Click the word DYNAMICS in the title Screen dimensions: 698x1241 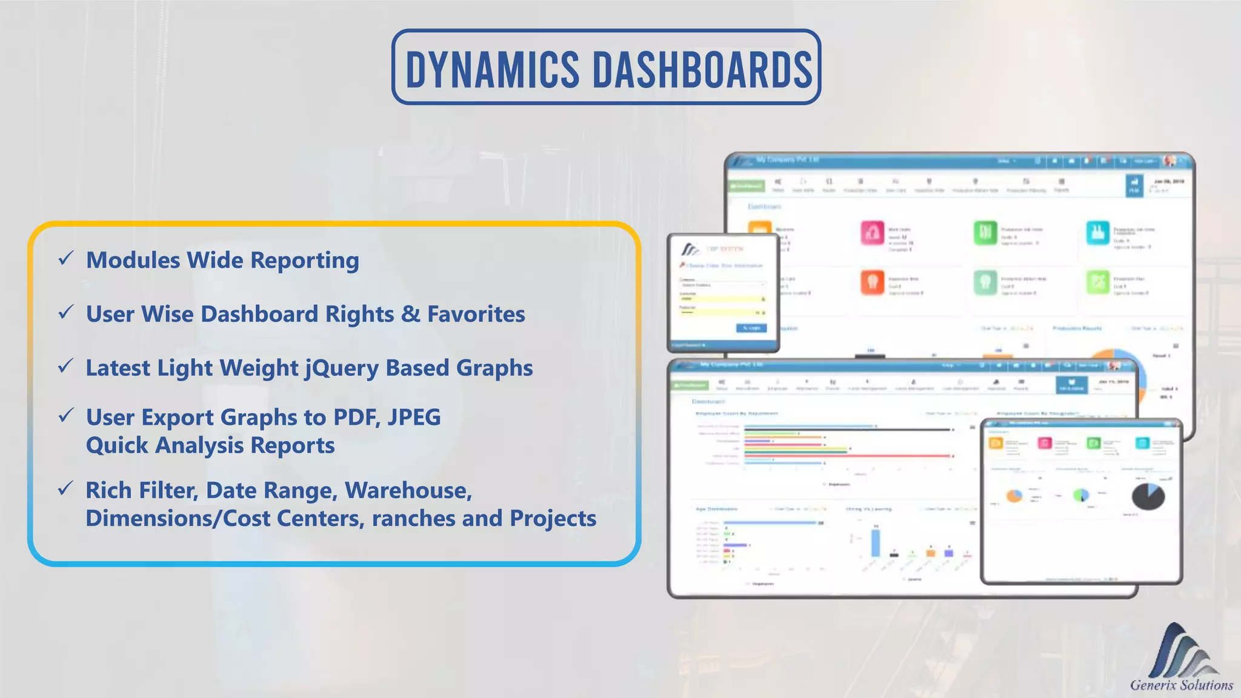(x=492, y=70)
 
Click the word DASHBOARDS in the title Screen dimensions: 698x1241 (x=702, y=70)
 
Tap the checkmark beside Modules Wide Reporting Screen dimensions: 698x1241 (x=65, y=259)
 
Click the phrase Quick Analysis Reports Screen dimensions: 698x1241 (x=210, y=445)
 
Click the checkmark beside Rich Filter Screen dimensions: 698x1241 (x=65, y=488)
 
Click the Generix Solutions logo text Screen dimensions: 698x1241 (x=1181, y=685)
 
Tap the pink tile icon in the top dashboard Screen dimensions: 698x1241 (x=872, y=233)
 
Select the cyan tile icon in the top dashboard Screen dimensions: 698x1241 (x=1097, y=233)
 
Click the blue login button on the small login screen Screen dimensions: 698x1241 (x=751, y=328)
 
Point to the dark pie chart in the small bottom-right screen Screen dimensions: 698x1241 (x=1148, y=496)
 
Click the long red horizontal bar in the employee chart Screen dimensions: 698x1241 (x=848, y=456)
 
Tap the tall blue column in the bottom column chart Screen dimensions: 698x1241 (x=876, y=542)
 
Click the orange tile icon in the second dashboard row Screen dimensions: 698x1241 (x=872, y=282)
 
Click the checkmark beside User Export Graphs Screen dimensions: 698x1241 (x=65, y=416)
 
